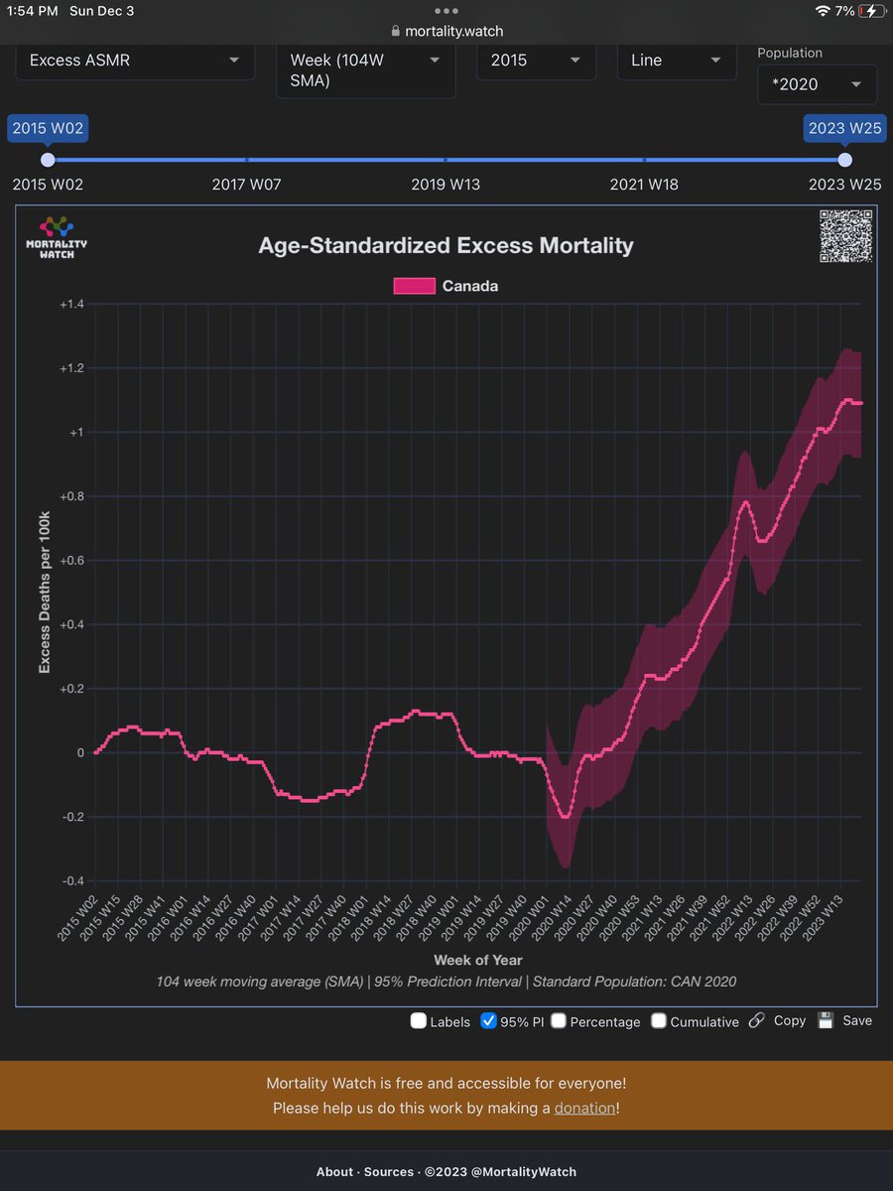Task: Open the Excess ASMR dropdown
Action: (x=134, y=61)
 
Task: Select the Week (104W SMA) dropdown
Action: (x=365, y=70)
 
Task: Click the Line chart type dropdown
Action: (x=676, y=61)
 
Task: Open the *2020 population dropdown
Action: (x=816, y=84)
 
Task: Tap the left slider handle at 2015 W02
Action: (x=48, y=160)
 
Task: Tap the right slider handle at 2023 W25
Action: (x=844, y=160)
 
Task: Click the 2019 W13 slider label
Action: (x=446, y=184)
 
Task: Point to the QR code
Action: (x=845, y=236)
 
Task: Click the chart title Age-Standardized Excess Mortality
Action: (x=446, y=245)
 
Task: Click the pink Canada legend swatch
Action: (x=415, y=286)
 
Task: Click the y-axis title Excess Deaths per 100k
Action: (x=45, y=593)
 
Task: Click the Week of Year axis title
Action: (x=478, y=960)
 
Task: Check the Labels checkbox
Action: (x=419, y=1021)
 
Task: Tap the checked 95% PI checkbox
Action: (x=488, y=1021)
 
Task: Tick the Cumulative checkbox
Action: (x=659, y=1021)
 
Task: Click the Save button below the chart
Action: (x=845, y=1020)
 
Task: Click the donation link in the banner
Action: (x=584, y=1108)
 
